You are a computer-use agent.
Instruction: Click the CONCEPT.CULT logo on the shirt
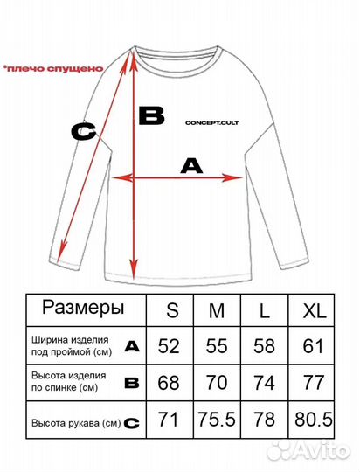click(x=212, y=124)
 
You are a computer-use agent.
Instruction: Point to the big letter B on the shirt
click(x=152, y=115)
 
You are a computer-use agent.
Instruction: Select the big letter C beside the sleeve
click(x=84, y=132)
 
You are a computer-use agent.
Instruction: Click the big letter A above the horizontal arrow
click(x=190, y=164)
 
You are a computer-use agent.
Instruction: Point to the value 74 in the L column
click(x=266, y=383)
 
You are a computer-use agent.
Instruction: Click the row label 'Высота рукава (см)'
click(x=75, y=423)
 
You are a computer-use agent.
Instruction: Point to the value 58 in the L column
click(x=266, y=346)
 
